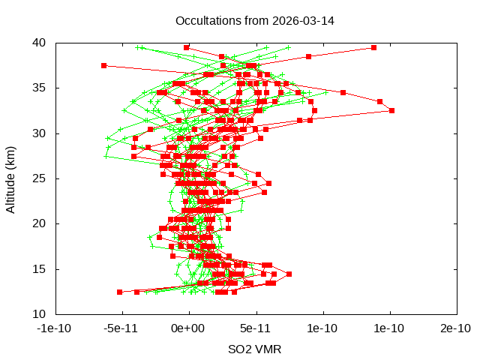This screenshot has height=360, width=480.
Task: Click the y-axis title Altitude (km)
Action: pos(11,178)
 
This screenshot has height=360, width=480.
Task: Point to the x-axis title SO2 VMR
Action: pos(255,349)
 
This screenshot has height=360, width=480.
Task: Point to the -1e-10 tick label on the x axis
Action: pos(55,328)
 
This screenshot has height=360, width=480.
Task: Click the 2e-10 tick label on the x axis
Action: pos(457,328)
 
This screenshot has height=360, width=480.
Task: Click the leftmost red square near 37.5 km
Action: pos(104,65)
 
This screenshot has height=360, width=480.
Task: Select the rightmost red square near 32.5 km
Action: pos(391,110)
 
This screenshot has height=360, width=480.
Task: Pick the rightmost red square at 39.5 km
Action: pos(373,47)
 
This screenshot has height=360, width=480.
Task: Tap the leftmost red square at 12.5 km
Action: pos(119,292)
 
